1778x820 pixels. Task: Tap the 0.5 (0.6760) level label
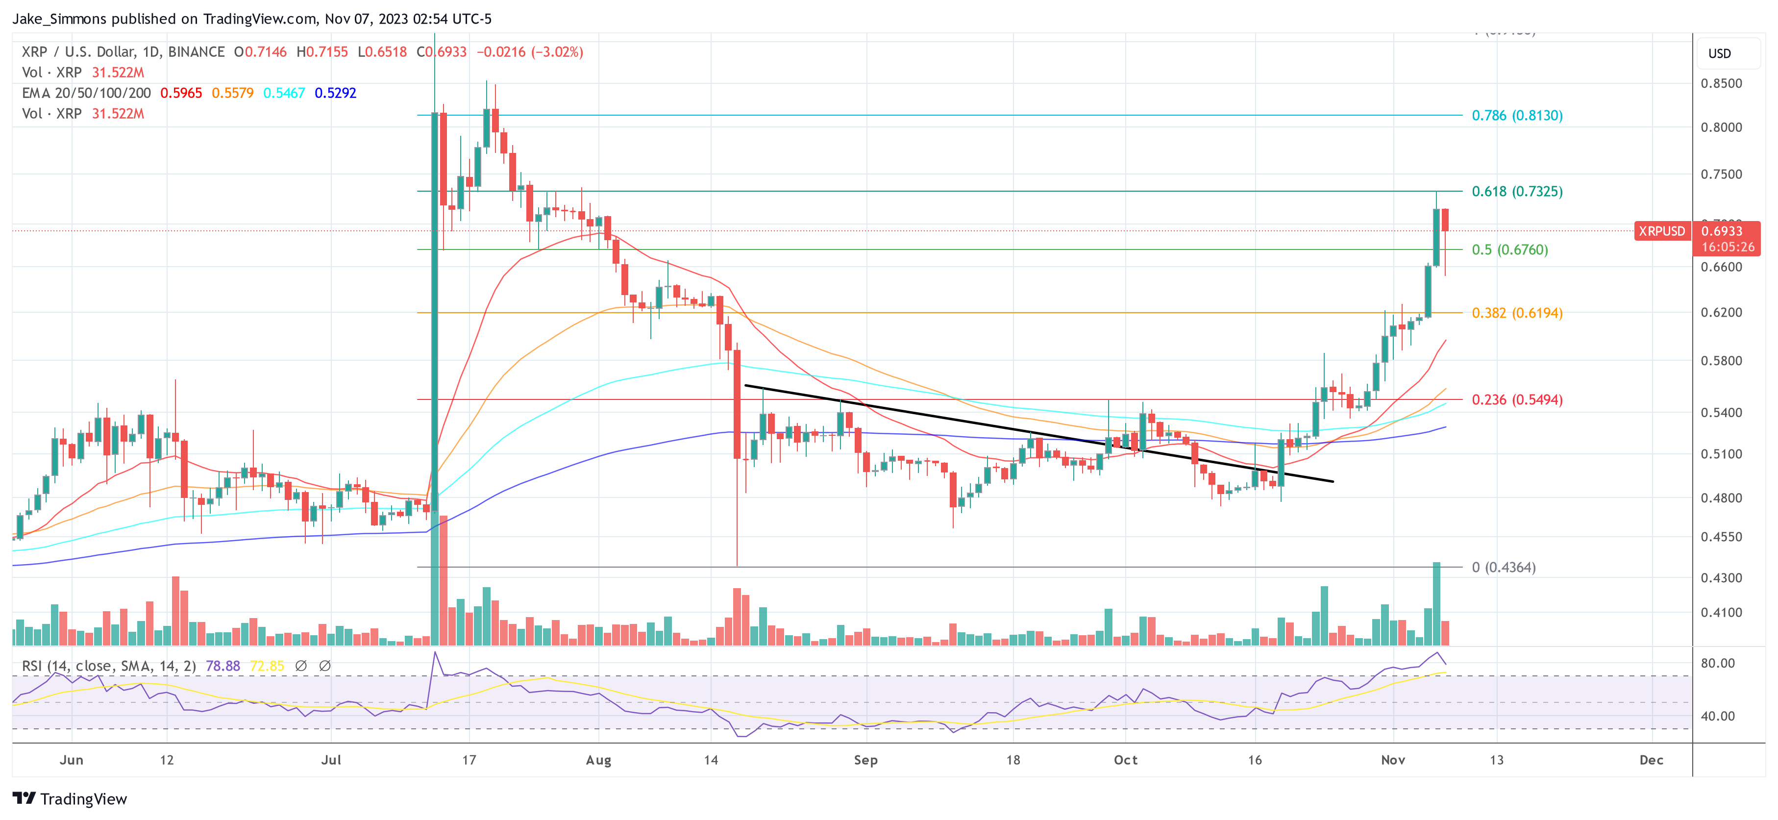pos(1509,250)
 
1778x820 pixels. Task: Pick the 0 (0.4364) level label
pos(1503,568)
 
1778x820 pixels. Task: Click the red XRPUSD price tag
pos(1661,231)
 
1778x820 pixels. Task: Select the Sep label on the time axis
pos(865,760)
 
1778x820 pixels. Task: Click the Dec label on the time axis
pos(1651,760)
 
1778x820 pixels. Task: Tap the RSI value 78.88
pos(223,666)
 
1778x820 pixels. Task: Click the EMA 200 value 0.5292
pos(335,93)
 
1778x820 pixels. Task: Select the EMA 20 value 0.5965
pos(181,93)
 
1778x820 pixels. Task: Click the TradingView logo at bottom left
pos(70,798)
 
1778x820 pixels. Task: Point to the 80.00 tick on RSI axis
pos(1717,663)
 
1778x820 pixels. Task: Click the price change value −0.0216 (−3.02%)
pos(529,52)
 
